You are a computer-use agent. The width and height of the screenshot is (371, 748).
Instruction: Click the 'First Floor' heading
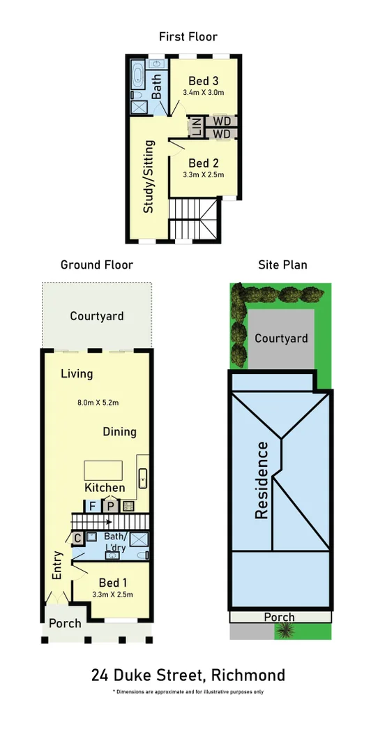pos(188,36)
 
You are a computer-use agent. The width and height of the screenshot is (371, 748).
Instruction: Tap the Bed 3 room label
pos(206,80)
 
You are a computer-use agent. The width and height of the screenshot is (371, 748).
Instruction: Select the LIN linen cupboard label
pos(196,127)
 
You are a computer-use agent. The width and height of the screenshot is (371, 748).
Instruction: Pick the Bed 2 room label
pos(205,163)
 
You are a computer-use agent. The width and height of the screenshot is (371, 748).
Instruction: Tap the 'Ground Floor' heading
pos(96,264)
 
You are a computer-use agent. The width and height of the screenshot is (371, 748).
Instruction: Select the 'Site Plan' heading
pos(282,264)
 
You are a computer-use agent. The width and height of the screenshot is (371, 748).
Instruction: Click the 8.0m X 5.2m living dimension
pos(98,402)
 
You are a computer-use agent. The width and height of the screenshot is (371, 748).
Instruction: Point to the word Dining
pos(119,431)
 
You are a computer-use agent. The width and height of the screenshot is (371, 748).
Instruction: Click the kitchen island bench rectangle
pos(104,470)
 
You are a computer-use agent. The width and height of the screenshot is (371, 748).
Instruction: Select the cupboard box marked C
pos(77,538)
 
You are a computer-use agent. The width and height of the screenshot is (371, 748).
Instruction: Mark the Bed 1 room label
pos(112,583)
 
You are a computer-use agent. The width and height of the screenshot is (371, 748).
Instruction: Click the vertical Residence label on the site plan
pos(262,479)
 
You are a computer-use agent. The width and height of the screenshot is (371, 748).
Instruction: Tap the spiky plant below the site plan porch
pos(285,631)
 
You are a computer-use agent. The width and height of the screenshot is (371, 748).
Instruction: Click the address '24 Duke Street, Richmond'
pos(188,675)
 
